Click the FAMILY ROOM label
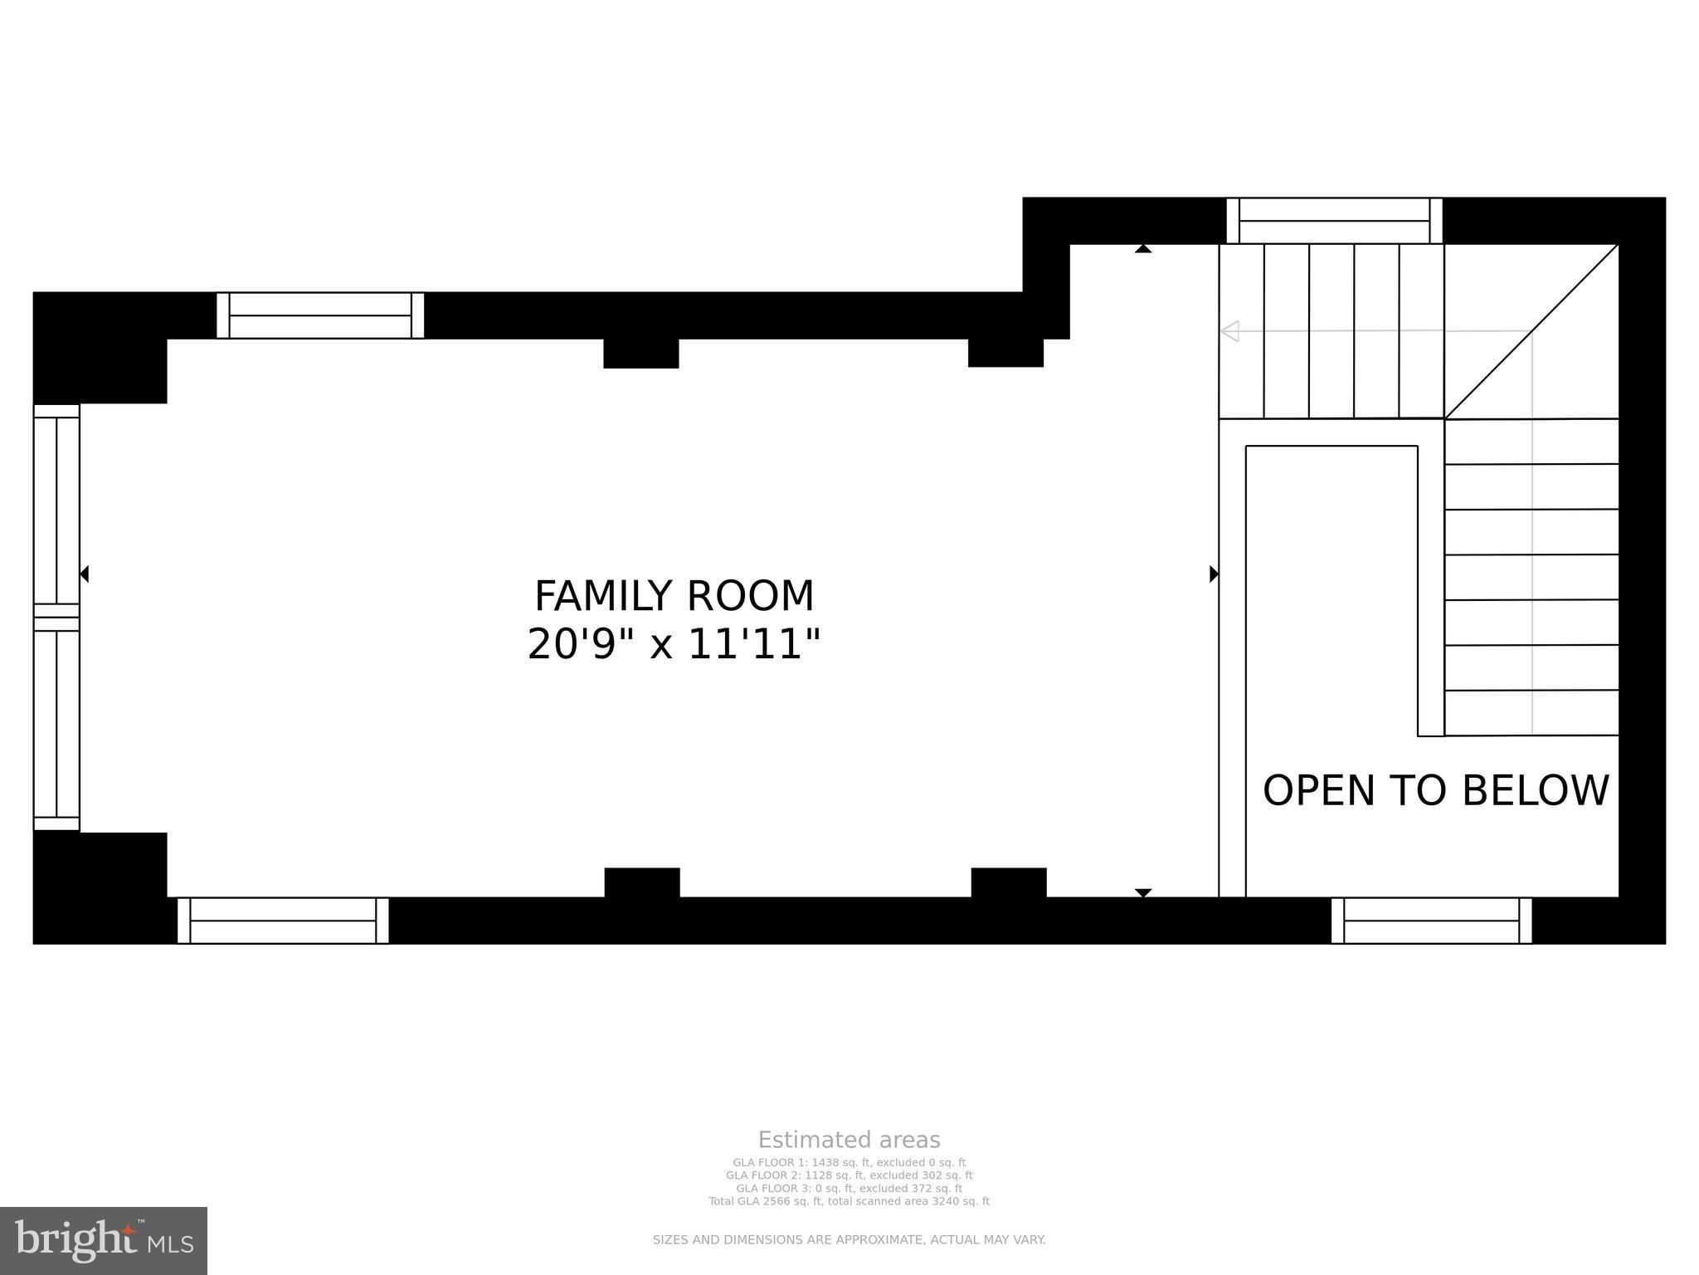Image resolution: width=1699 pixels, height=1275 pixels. [x=674, y=596]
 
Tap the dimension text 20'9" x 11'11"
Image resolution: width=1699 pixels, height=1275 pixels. [x=674, y=644]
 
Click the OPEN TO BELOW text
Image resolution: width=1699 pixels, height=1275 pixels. [x=1435, y=790]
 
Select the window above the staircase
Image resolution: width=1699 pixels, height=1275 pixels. [x=1334, y=221]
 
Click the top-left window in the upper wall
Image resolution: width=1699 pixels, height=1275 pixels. [x=320, y=315]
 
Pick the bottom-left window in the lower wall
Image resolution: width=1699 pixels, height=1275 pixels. [x=283, y=921]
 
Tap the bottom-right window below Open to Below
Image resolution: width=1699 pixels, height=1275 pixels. [x=1431, y=921]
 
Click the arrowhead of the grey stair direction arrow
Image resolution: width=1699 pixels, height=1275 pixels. [x=1229, y=331]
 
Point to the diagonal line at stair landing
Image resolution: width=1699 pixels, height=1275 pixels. [x=1531, y=331]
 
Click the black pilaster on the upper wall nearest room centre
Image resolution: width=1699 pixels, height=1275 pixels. [x=640, y=353]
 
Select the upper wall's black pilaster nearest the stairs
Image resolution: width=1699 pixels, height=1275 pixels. [x=1005, y=353]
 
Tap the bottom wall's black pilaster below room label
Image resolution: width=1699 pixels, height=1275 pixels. [x=642, y=882]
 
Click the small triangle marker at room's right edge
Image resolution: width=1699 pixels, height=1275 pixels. [x=1214, y=574]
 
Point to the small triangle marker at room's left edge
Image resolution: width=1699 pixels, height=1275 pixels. [x=85, y=574]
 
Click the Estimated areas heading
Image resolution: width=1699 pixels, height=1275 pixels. [x=849, y=1140]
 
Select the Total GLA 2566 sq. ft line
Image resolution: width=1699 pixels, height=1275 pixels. [x=849, y=1201]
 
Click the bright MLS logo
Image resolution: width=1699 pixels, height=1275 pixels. [x=104, y=1241]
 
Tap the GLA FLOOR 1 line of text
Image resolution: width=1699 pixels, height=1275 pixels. [x=849, y=1163]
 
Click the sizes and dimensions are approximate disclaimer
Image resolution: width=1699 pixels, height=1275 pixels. [x=849, y=1240]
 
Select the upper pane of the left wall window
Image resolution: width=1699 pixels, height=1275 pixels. [x=56, y=510]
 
